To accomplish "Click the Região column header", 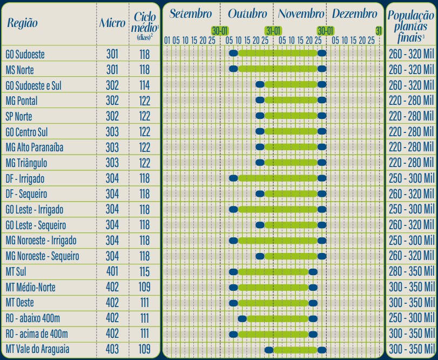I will click(x=22, y=23).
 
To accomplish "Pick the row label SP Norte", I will click(x=19, y=116).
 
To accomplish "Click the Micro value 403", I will click(x=112, y=349).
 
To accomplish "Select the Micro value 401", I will click(x=112, y=272).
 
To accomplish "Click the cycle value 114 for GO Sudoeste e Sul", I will click(x=144, y=85).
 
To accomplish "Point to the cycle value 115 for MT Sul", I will click(x=144, y=272).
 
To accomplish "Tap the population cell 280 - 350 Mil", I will click(x=412, y=272).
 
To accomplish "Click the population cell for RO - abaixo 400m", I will click(x=412, y=318).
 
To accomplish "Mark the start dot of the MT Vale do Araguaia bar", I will click(x=268, y=350).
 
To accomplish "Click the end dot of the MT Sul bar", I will click(x=313, y=272).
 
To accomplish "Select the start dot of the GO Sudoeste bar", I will click(x=233, y=54).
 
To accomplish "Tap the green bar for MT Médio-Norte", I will click(x=273, y=288).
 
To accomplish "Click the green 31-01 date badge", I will click(x=273, y=31).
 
